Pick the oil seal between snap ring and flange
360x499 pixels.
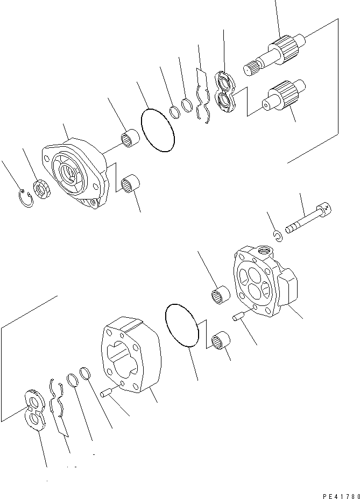[42, 190]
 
